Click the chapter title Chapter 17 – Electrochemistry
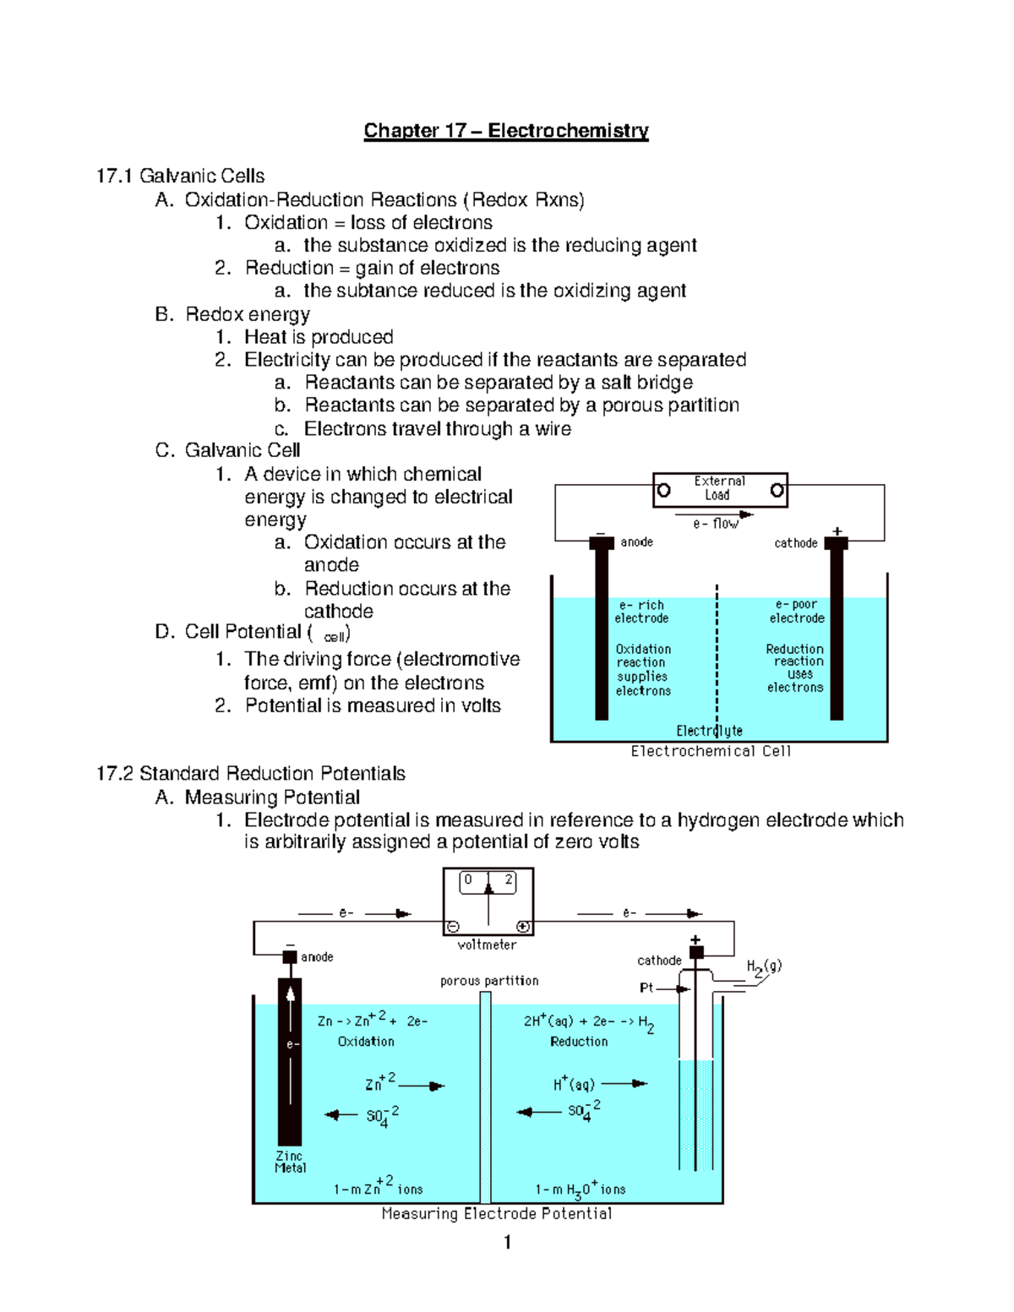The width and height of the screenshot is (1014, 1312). (x=506, y=130)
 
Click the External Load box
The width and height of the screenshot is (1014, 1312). (x=719, y=489)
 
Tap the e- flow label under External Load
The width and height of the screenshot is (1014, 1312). (x=715, y=524)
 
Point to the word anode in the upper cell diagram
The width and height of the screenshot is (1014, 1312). (x=636, y=542)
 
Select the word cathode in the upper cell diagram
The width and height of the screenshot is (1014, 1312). (x=795, y=543)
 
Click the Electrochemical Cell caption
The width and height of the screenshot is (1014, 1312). (x=711, y=751)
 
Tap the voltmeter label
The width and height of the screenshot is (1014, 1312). (x=487, y=945)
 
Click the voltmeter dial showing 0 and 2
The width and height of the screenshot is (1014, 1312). (x=488, y=882)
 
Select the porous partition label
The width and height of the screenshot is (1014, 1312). (x=489, y=981)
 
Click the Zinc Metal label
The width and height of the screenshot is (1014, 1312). (x=290, y=1162)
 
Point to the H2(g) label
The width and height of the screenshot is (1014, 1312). (x=763, y=967)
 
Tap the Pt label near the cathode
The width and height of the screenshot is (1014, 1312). (x=646, y=988)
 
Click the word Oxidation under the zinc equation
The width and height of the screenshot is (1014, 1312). (x=366, y=1042)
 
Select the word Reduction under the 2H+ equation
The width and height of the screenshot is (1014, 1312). (x=579, y=1042)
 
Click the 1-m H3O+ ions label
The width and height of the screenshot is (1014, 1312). (x=580, y=1190)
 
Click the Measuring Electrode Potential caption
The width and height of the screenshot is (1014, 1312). (x=496, y=1214)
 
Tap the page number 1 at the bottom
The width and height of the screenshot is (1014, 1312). (x=507, y=1242)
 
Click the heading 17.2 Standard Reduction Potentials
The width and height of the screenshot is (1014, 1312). (x=251, y=773)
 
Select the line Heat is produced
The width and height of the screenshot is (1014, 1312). (x=319, y=337)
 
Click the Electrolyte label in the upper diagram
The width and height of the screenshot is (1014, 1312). (x=709, y=731)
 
